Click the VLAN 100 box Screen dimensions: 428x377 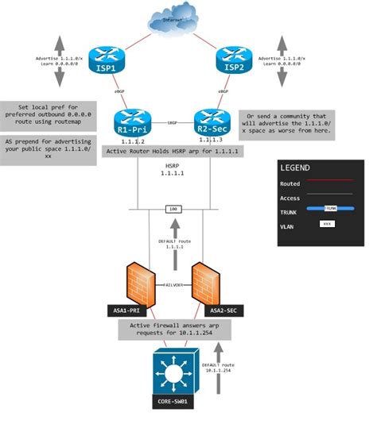[172, 209]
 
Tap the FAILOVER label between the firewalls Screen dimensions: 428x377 [173, 282]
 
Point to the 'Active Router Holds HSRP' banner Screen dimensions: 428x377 [172, 150]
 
